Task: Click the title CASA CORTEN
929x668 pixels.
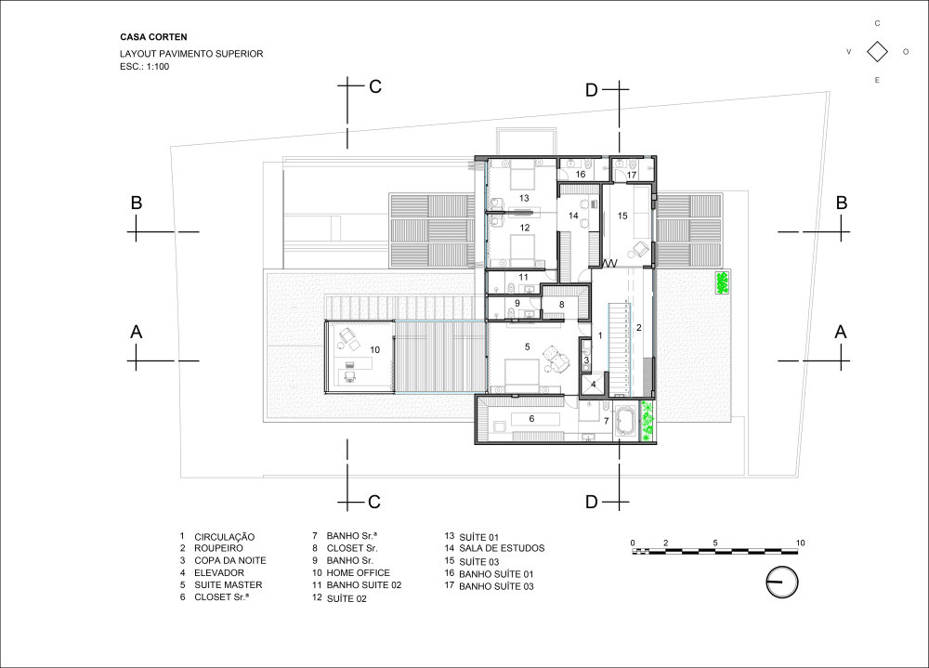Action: [x=153, y=37]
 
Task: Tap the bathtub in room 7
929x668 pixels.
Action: [x=625, y=422]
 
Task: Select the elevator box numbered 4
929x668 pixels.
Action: [x=594, y=384]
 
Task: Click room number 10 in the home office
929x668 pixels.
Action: [x=374, y=349]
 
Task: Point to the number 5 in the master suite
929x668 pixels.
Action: [x=528, y=347]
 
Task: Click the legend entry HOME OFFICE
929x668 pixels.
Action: [x=358, y=572]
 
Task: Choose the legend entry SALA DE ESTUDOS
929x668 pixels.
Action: [x=502, y=548]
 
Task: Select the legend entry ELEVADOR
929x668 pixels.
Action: [x=218, y=572]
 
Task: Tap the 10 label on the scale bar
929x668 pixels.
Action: [x=801, y=543]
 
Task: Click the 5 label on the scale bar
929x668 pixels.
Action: [x=715, y=543]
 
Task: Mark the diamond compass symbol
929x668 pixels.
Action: [x=878, y=52]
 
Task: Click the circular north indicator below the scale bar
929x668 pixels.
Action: [x=782, y=582]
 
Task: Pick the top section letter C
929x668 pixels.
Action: [x=375, y=86]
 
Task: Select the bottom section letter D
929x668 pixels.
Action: [x=591, y=502]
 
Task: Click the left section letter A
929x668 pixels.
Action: [x=137, y=333]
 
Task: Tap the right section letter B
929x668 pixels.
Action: [x=842, y=203]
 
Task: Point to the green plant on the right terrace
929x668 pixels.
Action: [x=722, y=282]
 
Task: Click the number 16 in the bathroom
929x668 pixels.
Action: [x=581, y=175]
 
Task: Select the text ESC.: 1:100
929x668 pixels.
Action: [x=145, y=66]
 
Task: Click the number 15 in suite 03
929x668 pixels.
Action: [x=622, y=216]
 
